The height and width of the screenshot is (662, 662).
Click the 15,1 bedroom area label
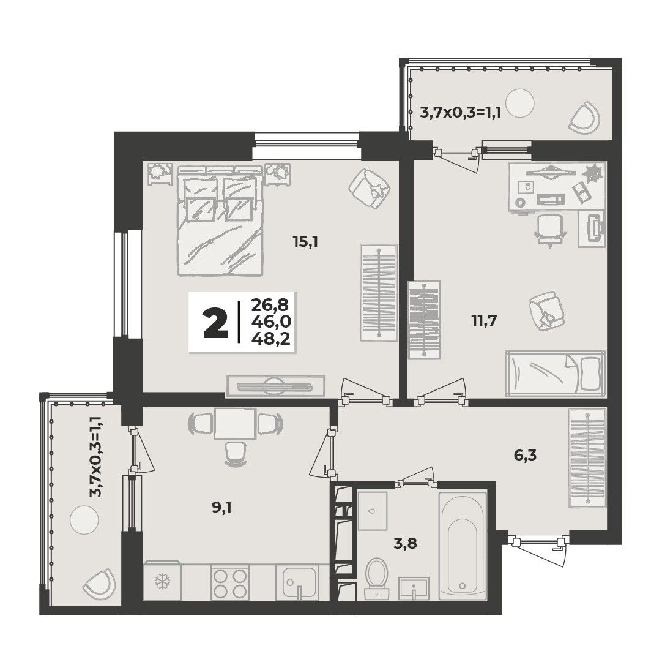coord(305,242)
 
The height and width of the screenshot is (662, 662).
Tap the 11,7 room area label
coord(484,321)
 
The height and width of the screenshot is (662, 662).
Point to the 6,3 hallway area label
coord(525,456)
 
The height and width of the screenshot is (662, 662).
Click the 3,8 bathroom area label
coord(405,543)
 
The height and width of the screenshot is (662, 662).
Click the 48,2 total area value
coord(271,339)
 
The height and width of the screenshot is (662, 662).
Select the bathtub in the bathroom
coord(463,545)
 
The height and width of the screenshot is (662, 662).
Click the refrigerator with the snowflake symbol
coord(162,581)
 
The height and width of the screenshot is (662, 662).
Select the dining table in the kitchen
coord(235,423)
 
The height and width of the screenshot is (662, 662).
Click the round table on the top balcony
coord(519,103)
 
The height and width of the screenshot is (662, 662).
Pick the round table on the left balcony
coord(84,519)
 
